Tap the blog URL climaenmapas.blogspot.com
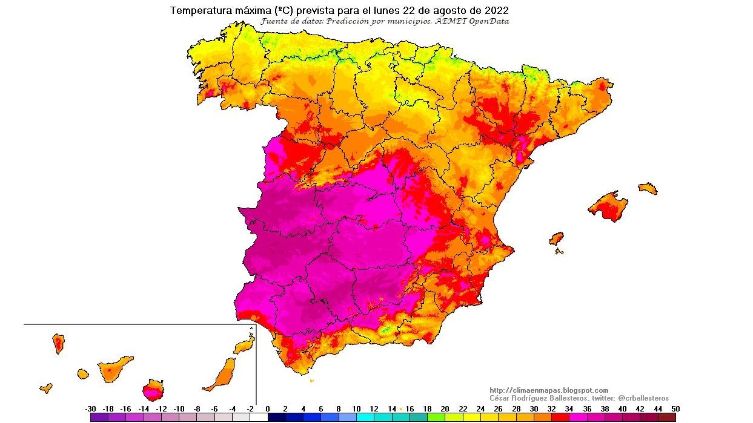coord(548,390)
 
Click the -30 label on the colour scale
coord(91,408)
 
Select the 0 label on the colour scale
coord(267,408)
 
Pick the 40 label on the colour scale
coord(622,408)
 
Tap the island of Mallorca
coord(608,206)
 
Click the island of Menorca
coord(648,188)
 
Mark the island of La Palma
coord(59,343)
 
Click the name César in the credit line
coord(501,398)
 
